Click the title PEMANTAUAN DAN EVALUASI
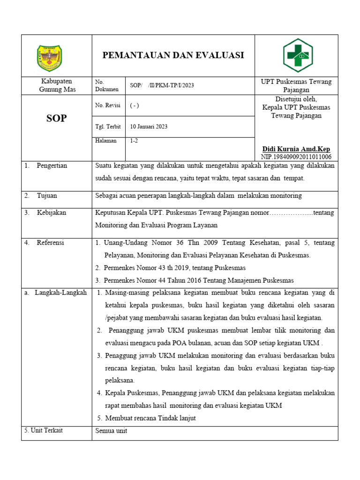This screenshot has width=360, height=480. (x=173, y=55)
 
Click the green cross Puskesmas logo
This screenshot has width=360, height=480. (x=297, y=55)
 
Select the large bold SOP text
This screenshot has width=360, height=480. (x=56, y=119)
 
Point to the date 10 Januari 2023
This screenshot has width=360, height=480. (x=149, y=127)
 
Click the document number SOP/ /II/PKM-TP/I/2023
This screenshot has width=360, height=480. (x=162, y=85)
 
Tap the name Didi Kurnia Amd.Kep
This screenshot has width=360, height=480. (x=296, y=149)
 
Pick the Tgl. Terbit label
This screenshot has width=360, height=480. (x=107, y=127)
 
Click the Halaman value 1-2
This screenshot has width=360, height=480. (x=134, y=141)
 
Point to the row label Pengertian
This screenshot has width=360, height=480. (x=52, y=165)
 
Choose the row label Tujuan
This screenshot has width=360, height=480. (x=47, y=195)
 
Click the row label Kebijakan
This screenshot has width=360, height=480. (x=52, y=212)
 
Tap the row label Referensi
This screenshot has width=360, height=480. (x=51, y=242)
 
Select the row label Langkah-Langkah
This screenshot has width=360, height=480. (x=60, y=292)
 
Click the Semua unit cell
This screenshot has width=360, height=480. (x=111, y=431)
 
